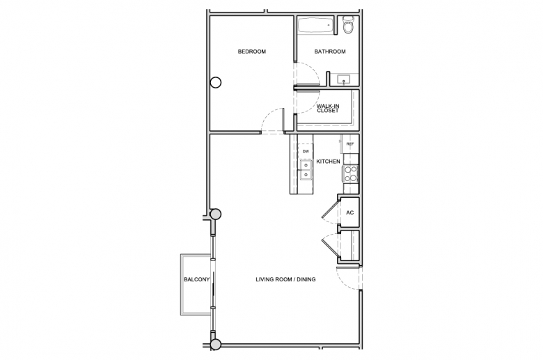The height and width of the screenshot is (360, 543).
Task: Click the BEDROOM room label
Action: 252,52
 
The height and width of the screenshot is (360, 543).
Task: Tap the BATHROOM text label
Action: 330,52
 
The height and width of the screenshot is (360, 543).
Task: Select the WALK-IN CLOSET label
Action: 328,108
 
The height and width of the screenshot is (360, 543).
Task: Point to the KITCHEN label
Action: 328,162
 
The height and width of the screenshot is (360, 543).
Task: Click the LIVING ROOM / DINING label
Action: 285,279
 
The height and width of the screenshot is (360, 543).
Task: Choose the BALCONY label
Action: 197,279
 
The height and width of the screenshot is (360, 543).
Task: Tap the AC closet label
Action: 349,212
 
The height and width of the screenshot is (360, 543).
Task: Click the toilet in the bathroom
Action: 347,25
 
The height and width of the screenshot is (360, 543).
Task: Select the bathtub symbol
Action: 315,25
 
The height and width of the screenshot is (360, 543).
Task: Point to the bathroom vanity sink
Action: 343,80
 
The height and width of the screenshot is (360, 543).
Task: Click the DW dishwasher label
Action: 306,151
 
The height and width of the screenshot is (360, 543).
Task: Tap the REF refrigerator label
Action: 349,144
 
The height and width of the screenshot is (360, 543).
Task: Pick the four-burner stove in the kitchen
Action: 350,174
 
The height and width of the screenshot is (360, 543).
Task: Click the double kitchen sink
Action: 306,170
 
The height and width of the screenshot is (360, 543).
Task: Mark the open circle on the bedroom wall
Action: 216,82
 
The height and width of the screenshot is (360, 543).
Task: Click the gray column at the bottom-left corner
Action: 215,345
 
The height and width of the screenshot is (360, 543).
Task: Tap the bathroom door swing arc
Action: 310,72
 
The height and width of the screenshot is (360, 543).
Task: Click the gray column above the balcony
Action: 215,214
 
